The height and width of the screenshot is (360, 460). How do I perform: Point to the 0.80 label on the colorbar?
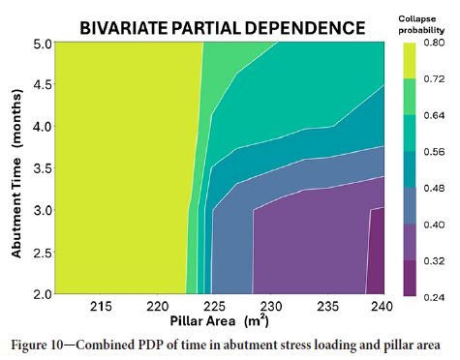tap(435, 43)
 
